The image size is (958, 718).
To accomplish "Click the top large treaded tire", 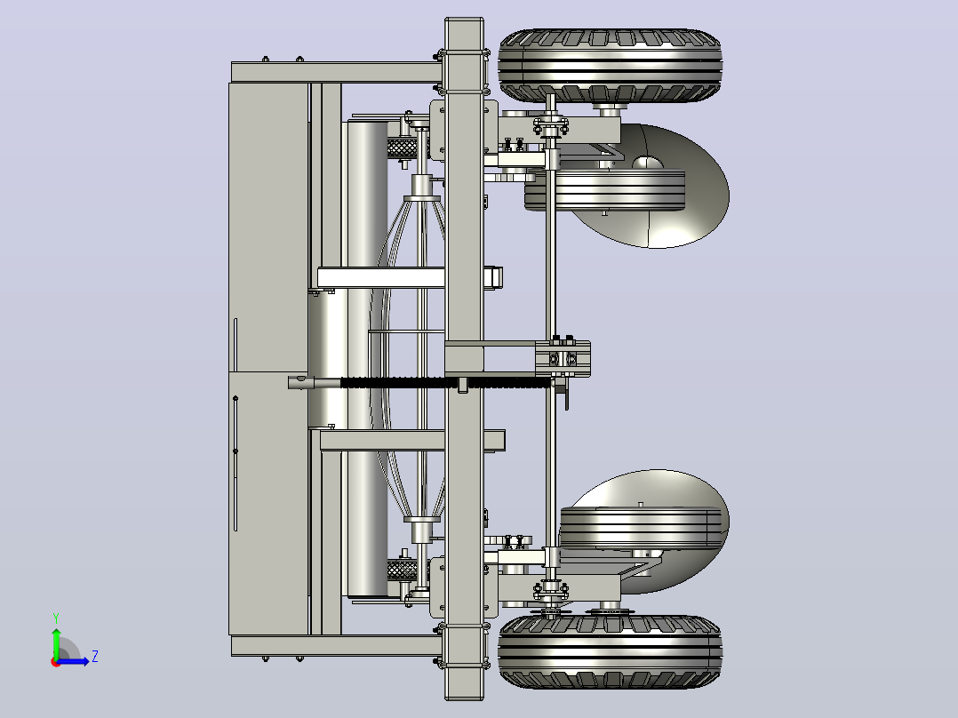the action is [x=610, y=65].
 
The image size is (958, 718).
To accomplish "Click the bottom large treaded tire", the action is [x=610, y=651].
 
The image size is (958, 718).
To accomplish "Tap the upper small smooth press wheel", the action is [x=605, y=190].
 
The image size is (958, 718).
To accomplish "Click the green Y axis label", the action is [x=56, y=618].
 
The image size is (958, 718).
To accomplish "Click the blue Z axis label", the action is [x=95, y=657].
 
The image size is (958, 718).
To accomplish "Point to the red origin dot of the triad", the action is [x=56, y=662].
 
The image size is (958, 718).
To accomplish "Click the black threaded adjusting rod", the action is [x=446, y=383].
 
